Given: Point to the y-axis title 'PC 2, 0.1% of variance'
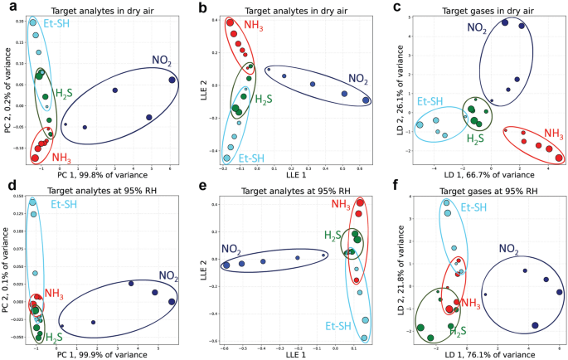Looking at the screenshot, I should coord(7,266).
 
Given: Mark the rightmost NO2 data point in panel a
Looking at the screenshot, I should coord(172,80).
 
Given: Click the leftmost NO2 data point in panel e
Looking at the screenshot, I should coord(226,265).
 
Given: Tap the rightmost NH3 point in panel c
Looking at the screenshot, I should coord(559,158).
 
